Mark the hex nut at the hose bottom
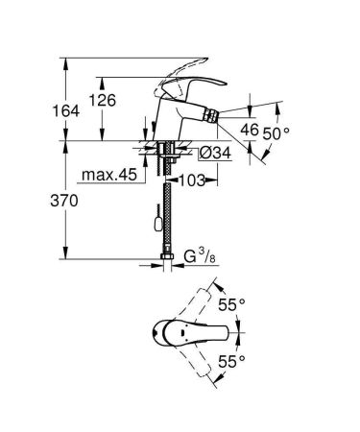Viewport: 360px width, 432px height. (165, 257)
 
